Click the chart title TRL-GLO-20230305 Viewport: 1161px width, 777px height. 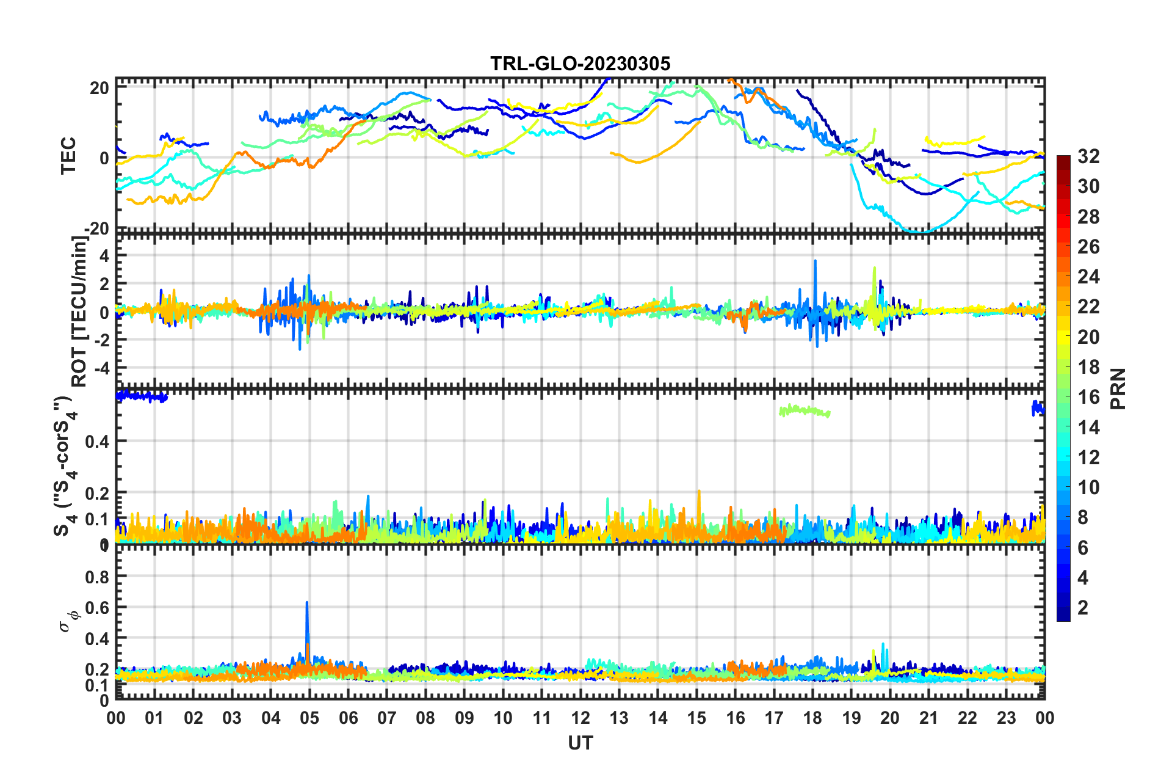580,64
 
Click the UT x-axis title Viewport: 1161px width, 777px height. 580,743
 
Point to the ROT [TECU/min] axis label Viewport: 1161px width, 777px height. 79,312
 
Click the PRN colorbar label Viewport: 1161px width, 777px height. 1118,388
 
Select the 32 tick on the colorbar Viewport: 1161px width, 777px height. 1088,156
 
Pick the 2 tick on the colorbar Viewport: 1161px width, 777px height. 1083,607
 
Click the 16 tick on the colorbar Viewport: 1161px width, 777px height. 1088,397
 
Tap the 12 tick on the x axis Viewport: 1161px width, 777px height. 580,718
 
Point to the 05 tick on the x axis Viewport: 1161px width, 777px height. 309,718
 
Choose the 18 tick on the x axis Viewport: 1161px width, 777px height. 812,718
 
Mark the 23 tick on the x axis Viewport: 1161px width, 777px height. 1006,718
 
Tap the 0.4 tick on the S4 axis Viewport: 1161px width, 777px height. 97,441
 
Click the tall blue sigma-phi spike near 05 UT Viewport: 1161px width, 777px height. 307,611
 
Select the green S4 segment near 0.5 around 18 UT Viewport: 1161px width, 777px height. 805,410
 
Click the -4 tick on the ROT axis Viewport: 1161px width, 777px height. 100,368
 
